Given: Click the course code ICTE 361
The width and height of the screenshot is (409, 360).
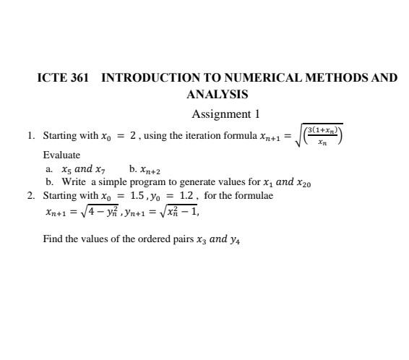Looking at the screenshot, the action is (x=63, y=77).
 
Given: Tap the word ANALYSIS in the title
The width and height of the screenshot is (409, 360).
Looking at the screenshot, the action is (x=217, y=94).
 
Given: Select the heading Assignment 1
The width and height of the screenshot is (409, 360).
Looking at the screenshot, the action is (x=225, y=114).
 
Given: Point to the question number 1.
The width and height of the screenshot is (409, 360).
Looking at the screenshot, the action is (x=30, y=135).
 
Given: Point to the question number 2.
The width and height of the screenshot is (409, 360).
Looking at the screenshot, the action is (x=30, y=195).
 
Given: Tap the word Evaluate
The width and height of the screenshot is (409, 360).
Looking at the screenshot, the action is (x=61, y=155).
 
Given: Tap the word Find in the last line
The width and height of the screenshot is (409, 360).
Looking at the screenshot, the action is (x=53, y=239).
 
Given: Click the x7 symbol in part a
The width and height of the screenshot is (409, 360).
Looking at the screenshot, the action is (x=105, y=170).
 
